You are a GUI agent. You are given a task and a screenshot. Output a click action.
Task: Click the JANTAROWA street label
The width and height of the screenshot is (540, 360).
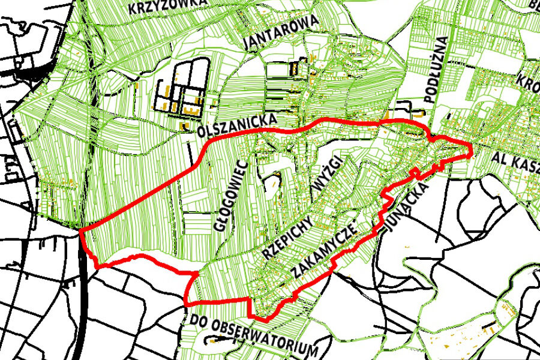click(x=281, y=33)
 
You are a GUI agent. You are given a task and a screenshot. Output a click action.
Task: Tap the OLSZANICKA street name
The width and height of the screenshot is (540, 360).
click(x=238, y=124)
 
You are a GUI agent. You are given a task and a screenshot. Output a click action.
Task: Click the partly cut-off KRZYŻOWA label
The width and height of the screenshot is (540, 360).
click(x=168, y=7)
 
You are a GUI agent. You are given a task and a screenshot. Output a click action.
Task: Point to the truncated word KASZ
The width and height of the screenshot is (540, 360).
click(x=526, y=160)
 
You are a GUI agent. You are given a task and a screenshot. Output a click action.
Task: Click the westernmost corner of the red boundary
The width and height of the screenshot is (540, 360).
click(x=80, y=229)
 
